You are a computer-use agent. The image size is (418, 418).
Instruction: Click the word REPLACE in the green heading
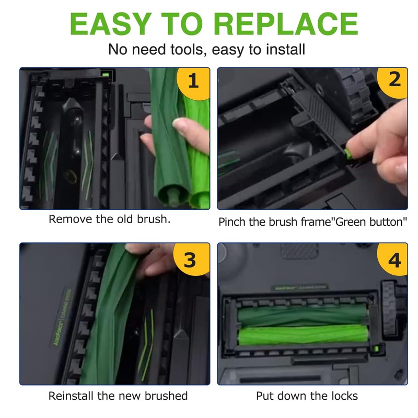tap(286, 24)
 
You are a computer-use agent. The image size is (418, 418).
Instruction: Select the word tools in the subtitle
tap(189, 50)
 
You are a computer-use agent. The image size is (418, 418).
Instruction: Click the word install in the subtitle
tap(285, 49)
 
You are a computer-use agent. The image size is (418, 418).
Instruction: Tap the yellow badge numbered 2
tap(393, 82)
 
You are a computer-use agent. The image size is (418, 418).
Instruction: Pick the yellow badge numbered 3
tap(191, 259)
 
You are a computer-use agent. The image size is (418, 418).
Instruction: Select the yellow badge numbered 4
tap(393, 259)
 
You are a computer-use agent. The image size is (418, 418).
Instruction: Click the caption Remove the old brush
tap(110, 219)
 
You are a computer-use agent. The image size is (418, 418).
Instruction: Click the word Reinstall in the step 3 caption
tap(71, 396)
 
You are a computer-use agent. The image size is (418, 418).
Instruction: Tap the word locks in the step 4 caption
tap(344, 396)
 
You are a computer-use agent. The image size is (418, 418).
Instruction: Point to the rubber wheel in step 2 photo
tap(354, 96)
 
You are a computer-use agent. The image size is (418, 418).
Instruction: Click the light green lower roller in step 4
tap(303, 335)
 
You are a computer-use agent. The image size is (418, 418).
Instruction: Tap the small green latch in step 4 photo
tap(376, 348)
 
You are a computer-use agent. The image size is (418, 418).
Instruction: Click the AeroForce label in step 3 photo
tap(61, 318)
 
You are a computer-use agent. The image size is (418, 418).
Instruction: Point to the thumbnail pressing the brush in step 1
tap(180, 124)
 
